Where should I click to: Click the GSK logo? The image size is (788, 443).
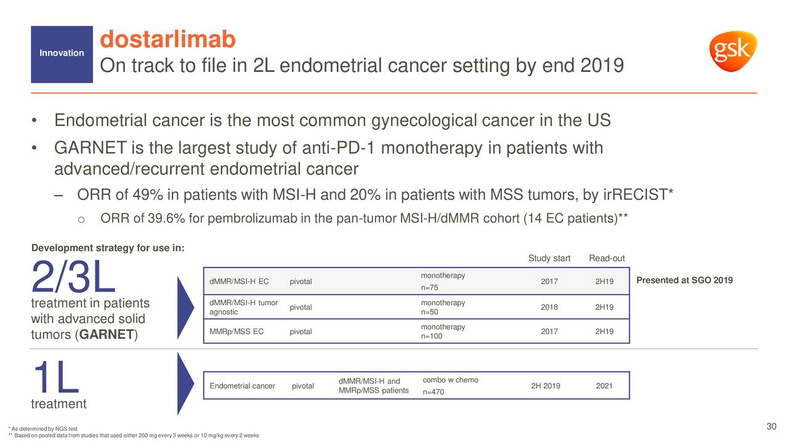pyautogui.click(x=733, y=51)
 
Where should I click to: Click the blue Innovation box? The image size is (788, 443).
pyautogui.click(x=62, y=54)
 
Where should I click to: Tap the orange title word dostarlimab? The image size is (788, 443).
pyautogui.click(x=167, y=40)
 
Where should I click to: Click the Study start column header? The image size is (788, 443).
pyautogui.click(x=549, y=258)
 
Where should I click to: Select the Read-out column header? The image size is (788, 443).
pyautogui.click(x=606, y=258)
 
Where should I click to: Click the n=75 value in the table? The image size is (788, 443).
pyautogui.click(x=431, y=288)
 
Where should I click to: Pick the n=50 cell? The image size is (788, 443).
pyautogui.click(x=431, y=312)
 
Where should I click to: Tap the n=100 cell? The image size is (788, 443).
pyautogui.click(x=432, y=336)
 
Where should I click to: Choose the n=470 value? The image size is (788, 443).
pyautogui.click(x=433, y=392)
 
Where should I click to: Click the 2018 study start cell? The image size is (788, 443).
pyautogui.click(x=549, y=307)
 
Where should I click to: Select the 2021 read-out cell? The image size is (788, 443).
pyautogui.click(x=605, y=386)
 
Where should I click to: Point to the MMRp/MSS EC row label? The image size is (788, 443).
pyautogui.click(x=236, y=332)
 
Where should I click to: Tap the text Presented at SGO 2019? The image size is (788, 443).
pyautogui.click(x=684, y=281)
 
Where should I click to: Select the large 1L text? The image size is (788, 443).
pyautogui.click(x=55, y=378)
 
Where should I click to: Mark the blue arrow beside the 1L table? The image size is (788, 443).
pyautogui.click(x=185, y=384)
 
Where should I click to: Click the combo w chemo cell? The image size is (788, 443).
pyautogui.click(x=451, y=380)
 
